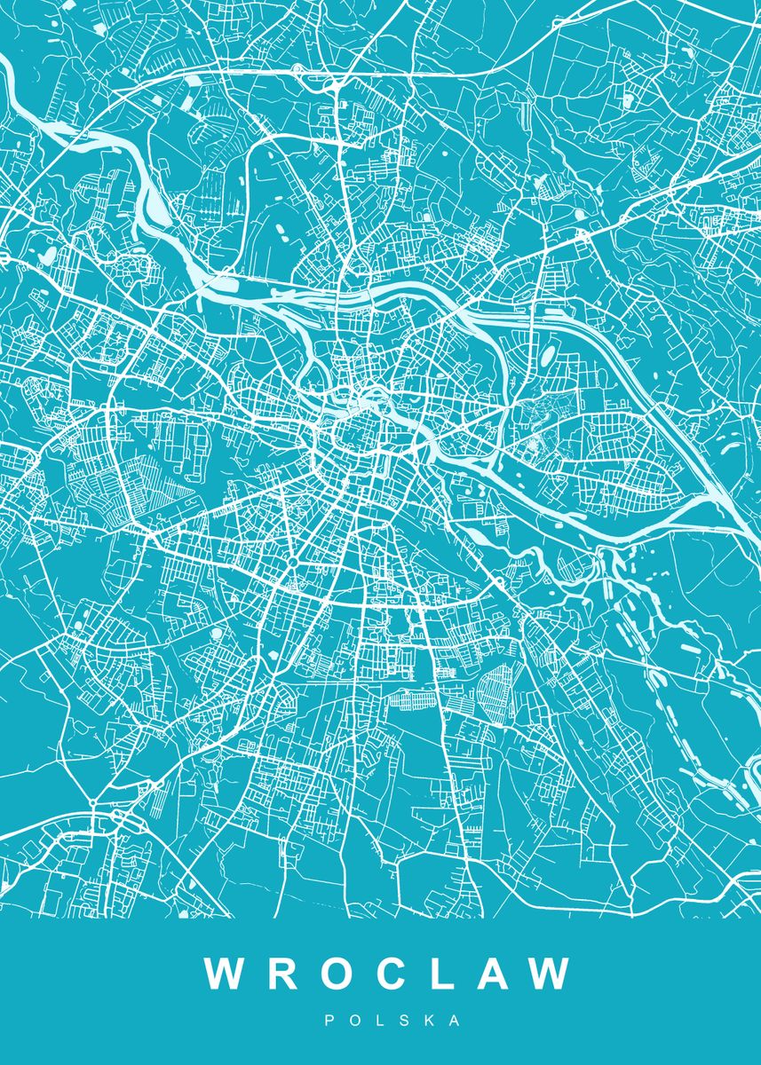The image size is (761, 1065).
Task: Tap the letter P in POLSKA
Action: (x=329, y=1022)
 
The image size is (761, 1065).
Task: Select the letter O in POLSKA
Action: (x=354, y=1022)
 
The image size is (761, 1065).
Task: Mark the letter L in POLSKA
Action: (x=380, y=1022)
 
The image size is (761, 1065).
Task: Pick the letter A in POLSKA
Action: (x=456, y=1022)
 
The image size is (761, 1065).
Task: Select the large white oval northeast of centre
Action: (x=549, y=356)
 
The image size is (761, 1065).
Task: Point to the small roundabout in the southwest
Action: (x=92, y=803)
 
